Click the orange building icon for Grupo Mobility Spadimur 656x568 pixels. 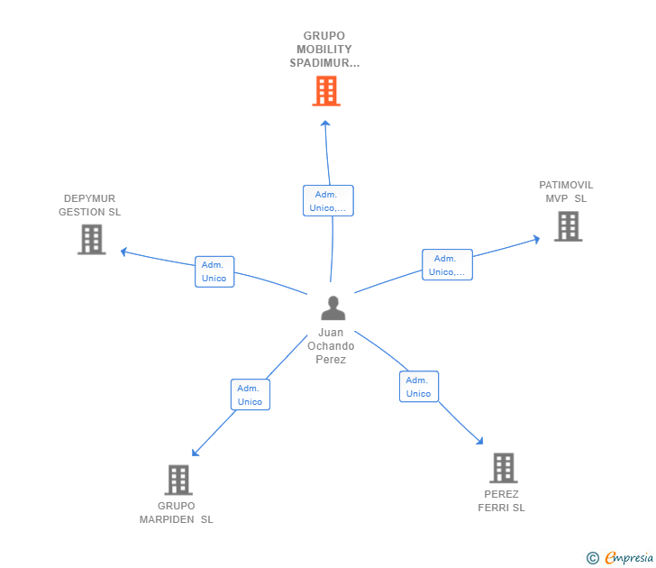pos(326,91)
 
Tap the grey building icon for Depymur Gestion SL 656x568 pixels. pos(91,240)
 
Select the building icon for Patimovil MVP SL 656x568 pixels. pos(568,226)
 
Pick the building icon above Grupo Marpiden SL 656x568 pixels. pos(178,480)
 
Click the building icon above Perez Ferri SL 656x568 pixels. pos(503,468)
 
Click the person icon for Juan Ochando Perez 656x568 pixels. pos(333,308)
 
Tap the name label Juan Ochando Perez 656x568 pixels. pos(331,346)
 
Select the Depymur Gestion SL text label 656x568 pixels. pos(89,206)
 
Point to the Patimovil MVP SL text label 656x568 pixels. pos(566,192)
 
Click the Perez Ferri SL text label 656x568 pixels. pos(501,500)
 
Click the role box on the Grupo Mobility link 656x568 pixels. pos(328,201)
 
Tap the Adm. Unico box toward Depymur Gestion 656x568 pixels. pos(214,271)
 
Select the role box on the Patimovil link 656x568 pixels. pos(447,265)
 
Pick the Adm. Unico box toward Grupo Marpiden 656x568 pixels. pos(251,395)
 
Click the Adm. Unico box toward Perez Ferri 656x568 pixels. pos(419,387)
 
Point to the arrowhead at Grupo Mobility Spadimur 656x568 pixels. pos(326,124)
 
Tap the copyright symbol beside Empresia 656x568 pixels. pos(592,558)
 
